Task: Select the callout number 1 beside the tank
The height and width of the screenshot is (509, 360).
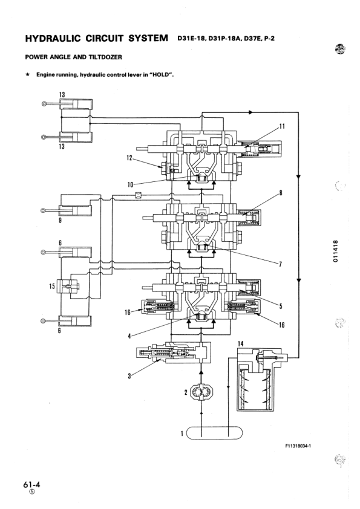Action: click(181, 432)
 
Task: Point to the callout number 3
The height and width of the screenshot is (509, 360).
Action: click(129, 376)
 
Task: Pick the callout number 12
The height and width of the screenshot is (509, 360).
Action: click(128, 158)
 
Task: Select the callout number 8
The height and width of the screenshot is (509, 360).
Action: click(281, 194)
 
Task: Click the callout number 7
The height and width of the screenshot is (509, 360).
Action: click(280, 264)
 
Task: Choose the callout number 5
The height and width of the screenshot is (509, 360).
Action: click(281, 306)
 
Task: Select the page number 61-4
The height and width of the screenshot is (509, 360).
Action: click(31, 484)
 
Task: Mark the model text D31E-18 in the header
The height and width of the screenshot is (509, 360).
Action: click(193, 40)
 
